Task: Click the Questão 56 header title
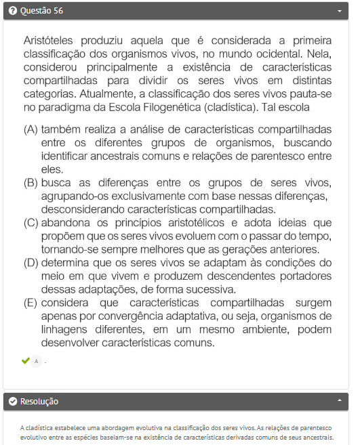(x=42, y=11)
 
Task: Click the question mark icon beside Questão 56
(x=13, y=11)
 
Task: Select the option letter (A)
(x=31, y=129)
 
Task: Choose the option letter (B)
(x=31, y=182)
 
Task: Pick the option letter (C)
(x=31, y=222)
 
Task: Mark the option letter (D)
(x=31, y=262)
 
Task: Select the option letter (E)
(x=31, y=302)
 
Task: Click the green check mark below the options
(x=25, y=361)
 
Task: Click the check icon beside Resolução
(x=13, y=402)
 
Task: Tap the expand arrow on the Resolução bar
(x=340, y=402)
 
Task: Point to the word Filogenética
(x=204, y=107)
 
